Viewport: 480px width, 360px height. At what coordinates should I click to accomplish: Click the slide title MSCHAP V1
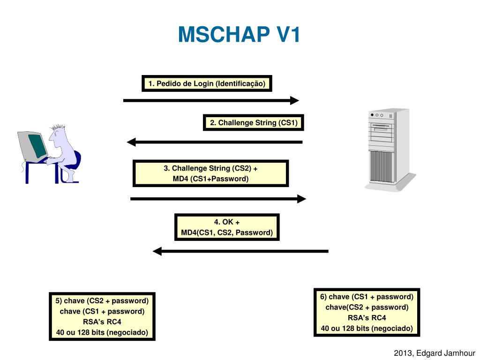coord(239,35)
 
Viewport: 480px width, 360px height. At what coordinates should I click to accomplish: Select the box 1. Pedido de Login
coord(207,84)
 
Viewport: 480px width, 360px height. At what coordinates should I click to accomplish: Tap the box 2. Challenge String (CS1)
coord(254,123)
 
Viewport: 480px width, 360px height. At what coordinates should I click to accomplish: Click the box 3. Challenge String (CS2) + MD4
coord(210,173)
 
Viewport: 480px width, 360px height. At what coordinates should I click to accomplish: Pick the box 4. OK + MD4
coord(227,227)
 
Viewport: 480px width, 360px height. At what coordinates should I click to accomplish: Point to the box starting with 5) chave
coord(102,316)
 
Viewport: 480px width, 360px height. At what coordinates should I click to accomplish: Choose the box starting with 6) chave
coord(367,312)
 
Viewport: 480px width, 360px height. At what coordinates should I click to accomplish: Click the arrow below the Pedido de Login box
coord(211,100)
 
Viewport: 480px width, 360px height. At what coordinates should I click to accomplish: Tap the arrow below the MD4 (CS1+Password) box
coord(218,199)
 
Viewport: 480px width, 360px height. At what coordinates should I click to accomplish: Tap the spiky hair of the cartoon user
coord(59,128)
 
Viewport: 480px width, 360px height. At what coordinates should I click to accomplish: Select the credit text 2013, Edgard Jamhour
coord(435,353)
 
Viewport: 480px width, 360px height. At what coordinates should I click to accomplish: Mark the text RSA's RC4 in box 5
coord(102,322)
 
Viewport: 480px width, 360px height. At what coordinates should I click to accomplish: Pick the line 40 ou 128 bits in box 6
coord(367,328)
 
